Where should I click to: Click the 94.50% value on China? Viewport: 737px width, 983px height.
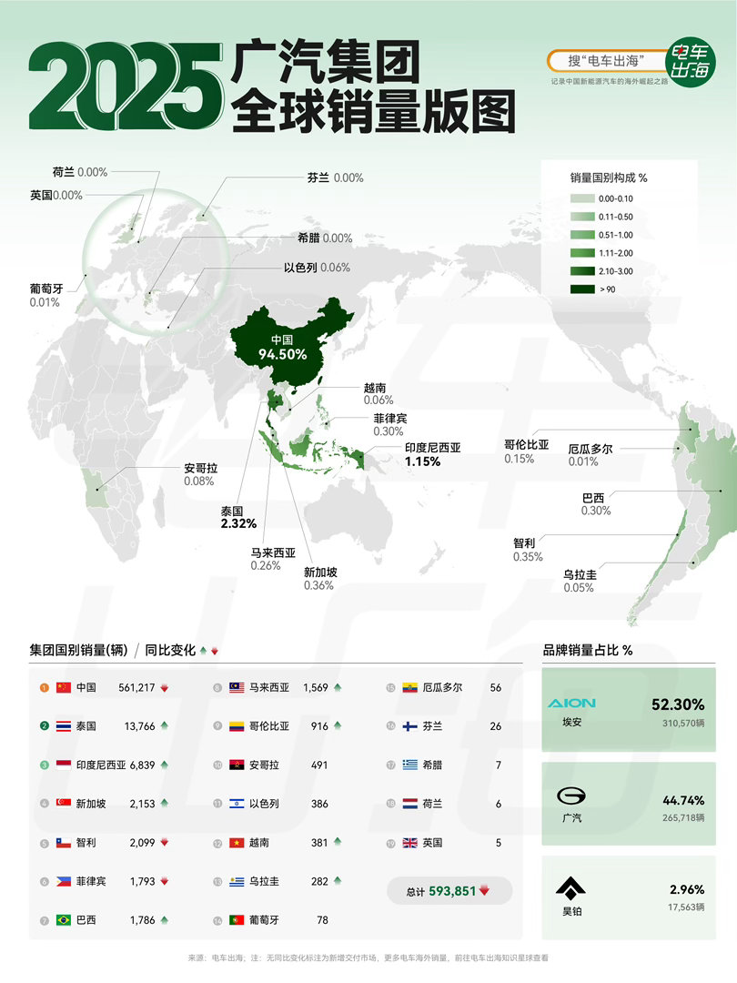point(281,354)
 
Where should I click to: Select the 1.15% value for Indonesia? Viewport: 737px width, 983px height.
point(422,461)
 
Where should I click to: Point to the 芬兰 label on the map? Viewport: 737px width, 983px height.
point(318,177)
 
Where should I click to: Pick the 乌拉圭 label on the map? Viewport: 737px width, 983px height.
point(580,574)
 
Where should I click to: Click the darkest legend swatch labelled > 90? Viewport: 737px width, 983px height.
point(581,289)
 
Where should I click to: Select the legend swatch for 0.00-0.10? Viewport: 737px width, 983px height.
point(581,198)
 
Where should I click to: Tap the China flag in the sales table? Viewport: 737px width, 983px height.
point(63,687)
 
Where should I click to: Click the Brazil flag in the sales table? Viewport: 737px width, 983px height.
point(63,919)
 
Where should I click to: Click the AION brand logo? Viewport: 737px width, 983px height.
point(572,703)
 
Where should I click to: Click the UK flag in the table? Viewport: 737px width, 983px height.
point(410,843)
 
